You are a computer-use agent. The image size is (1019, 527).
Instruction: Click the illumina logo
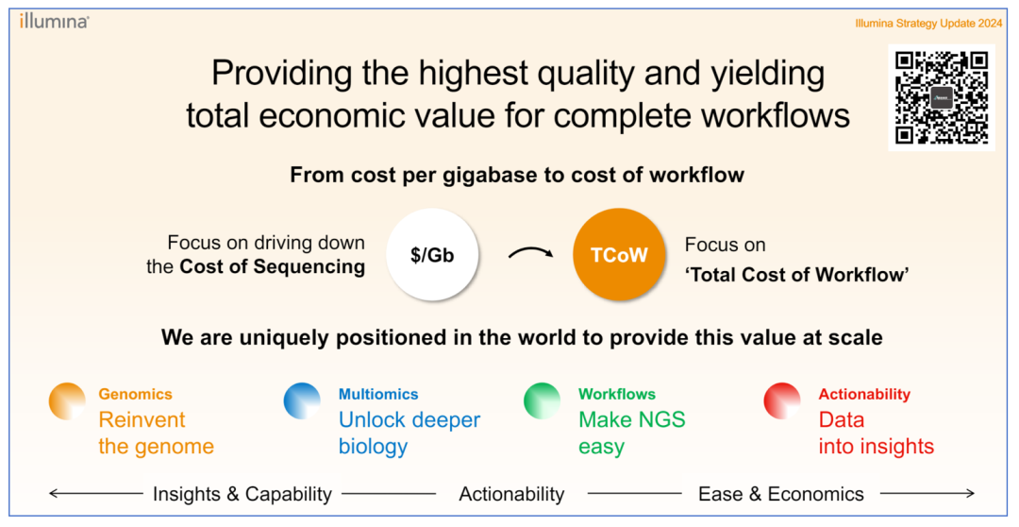coord(54,21)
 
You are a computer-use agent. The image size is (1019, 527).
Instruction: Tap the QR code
coord(941,97)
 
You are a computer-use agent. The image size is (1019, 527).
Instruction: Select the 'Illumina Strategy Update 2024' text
coord(928,24)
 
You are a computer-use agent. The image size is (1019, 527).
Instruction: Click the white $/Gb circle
coord(432,254)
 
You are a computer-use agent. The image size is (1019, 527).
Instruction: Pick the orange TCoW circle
coord(619,254)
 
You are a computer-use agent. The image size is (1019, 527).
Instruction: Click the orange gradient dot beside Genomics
coord(67,400)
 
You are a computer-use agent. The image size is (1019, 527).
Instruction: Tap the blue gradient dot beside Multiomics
coord(302,400)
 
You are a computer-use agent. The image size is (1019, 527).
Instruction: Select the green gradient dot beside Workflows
coord(542,400)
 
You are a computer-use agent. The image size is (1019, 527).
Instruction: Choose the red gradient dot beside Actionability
coord(782,400)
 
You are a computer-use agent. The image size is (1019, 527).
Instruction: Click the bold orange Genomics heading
coord(135,394)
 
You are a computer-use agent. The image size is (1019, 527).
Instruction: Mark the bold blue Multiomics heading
coord(378,394)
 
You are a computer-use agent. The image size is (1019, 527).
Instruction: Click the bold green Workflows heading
coord(617,394)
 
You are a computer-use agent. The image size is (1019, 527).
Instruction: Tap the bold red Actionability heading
coord(864,394)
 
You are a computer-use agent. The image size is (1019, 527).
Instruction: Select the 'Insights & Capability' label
coord(242,495)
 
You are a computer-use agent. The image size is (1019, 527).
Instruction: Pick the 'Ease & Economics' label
coord(781,495)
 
